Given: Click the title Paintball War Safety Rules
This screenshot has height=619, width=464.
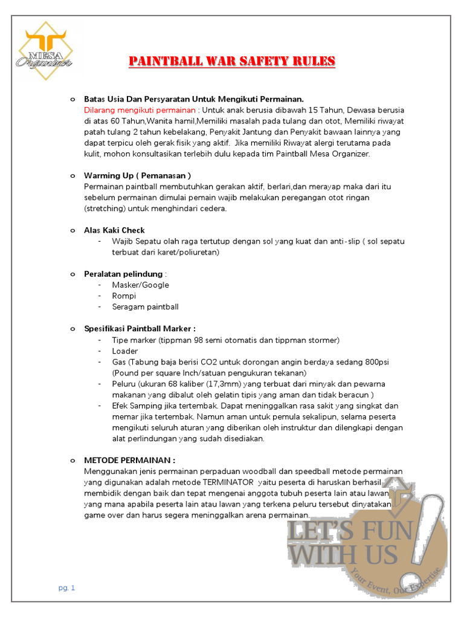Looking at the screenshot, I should click(x=232, y=62).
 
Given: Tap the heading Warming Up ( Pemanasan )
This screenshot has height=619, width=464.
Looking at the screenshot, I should click(x=138, y=175).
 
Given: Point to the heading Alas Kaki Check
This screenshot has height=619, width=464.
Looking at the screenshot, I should click(x=114, y=230).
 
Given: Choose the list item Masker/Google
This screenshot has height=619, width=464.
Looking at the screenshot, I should click(x=140, y=285).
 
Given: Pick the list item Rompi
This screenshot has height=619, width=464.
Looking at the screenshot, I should click(x=124, y=296).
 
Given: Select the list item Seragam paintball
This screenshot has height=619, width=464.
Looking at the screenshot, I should click(x=145, y=306).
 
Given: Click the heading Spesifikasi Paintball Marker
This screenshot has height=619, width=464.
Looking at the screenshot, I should click(x=140, y=329).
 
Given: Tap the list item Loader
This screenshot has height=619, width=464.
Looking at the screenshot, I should click(x=124, y=351).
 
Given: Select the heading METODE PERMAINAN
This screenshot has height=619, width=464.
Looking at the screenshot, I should click(x=130, y=460).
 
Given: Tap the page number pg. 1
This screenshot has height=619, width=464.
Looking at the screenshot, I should click(x=66, y=588).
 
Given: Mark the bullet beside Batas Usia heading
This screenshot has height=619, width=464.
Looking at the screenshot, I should click(x=72, y=99).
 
